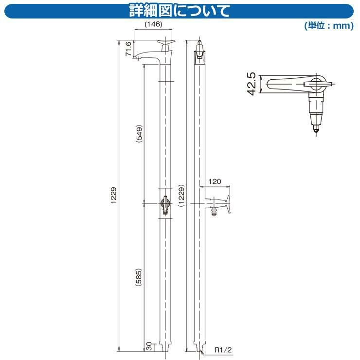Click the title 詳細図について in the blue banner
pos(180,11)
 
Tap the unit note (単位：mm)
pos(329,25)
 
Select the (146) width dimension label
pos(153,24)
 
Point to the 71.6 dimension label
pos(128,49)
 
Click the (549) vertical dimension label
pos(139,134)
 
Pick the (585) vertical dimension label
pos(139,277)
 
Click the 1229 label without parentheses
pos(114,196)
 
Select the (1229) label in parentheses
pos(181,196)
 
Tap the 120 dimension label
pos(215,181)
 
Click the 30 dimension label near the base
pos(149,346)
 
